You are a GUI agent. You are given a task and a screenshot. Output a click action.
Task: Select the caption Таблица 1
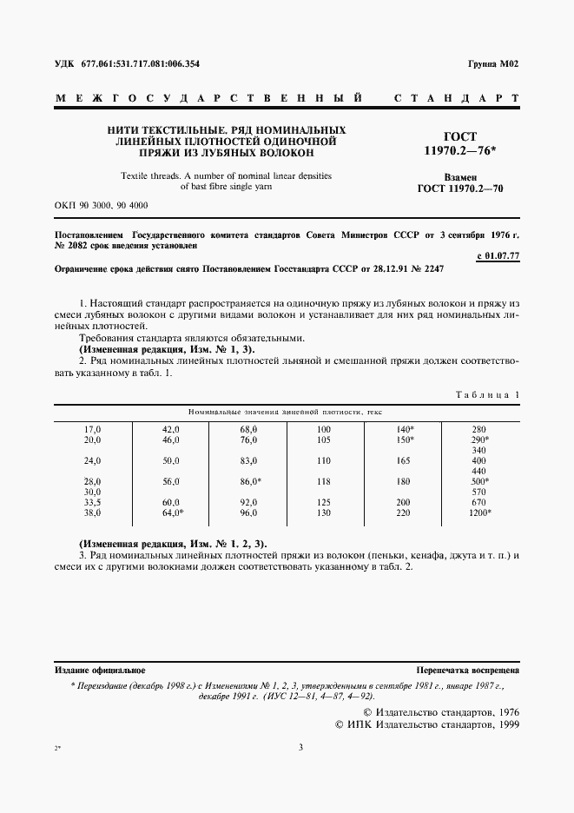pyautogui.click(x=487, y=395)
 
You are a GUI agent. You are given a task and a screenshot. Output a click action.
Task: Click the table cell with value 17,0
pyautogui.click(x=92, y=430)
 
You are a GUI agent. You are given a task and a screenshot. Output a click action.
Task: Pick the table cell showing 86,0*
pyautogui.click(x=251, y=480)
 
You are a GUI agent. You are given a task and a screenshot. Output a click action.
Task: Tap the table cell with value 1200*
pyautogui.click(x=479, y=513)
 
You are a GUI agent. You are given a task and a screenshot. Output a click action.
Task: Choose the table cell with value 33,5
pyautogui.click(x=92, y=503)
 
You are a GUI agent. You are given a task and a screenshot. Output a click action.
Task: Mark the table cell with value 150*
pyautogui.click(x=404, y=440)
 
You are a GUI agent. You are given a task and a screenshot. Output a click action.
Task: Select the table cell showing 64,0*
pyautogui.click(x=173, y=513)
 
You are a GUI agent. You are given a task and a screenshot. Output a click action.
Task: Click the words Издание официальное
pyautogui.click(x=100, y=671)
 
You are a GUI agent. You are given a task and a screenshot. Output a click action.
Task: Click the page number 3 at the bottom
pyautogui.click(x=300, y=747)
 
